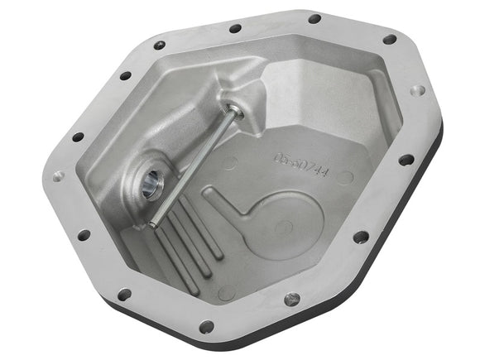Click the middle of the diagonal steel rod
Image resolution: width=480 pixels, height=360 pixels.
(193, 166)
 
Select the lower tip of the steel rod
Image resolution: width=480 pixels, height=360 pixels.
(153, 223)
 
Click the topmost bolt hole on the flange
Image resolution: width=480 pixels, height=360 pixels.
(314, 18)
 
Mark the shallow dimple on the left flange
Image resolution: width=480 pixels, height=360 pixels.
(58, 176)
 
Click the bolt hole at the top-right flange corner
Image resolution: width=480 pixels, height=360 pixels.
(390, 39)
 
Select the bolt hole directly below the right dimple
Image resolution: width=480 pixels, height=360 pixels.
(406, 160)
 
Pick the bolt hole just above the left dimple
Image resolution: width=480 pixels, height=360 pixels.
(78, 137)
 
